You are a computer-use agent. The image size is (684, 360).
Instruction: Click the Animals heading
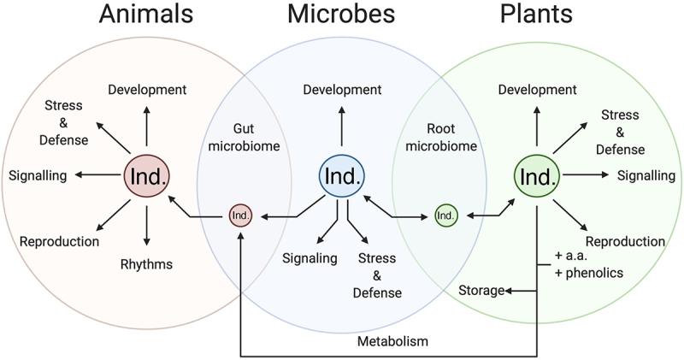146,15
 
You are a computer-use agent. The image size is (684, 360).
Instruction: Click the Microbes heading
341,15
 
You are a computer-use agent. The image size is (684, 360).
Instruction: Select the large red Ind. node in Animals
147,176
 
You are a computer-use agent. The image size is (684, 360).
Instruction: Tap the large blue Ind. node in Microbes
341,176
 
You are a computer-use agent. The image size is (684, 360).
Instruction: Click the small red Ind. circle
241,215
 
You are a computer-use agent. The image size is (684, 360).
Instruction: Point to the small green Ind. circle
445,215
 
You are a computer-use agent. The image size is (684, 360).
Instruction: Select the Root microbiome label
444,136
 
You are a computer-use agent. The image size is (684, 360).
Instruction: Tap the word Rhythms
146,263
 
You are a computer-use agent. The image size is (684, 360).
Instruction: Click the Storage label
481,290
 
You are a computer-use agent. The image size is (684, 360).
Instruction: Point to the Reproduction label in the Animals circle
59,241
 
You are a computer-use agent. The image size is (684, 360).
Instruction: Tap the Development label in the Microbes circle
342,89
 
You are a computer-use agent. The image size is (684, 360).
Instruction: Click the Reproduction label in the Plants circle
625,241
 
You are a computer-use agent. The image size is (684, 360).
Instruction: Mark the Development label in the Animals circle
147,89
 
